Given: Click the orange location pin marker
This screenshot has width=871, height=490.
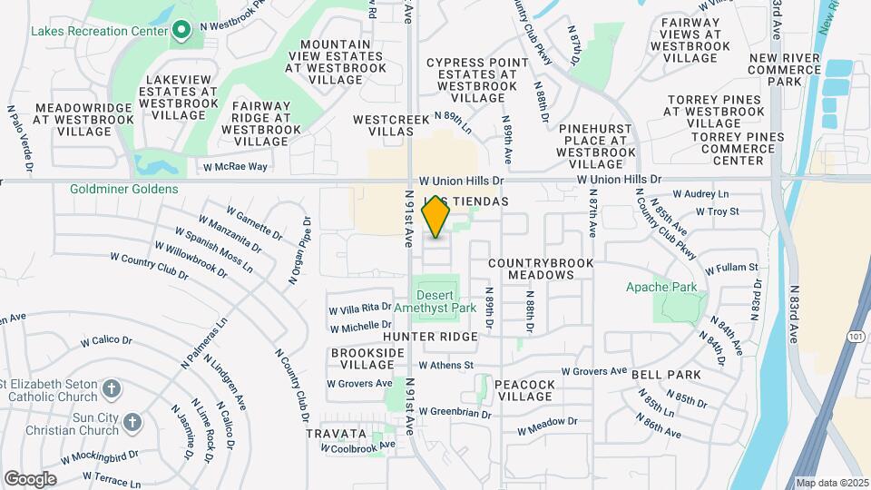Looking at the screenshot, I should click(436, 216).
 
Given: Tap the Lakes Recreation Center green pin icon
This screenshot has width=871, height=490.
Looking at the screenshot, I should click(181, 30).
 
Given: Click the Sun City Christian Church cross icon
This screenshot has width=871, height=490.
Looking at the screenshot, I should click(132, 422).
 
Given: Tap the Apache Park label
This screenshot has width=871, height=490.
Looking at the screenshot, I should click(673, 287).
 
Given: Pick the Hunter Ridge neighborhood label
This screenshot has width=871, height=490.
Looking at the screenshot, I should click(430, 337).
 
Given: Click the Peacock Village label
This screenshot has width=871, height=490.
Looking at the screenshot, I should click(525, 391).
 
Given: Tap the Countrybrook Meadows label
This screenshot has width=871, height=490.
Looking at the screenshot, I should click(540, 269).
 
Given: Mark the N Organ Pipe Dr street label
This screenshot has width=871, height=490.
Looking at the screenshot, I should click(299, 251).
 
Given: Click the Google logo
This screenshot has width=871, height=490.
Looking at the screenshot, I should click(30, 478).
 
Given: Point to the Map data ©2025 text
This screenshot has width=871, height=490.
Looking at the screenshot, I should click(832, 483).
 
